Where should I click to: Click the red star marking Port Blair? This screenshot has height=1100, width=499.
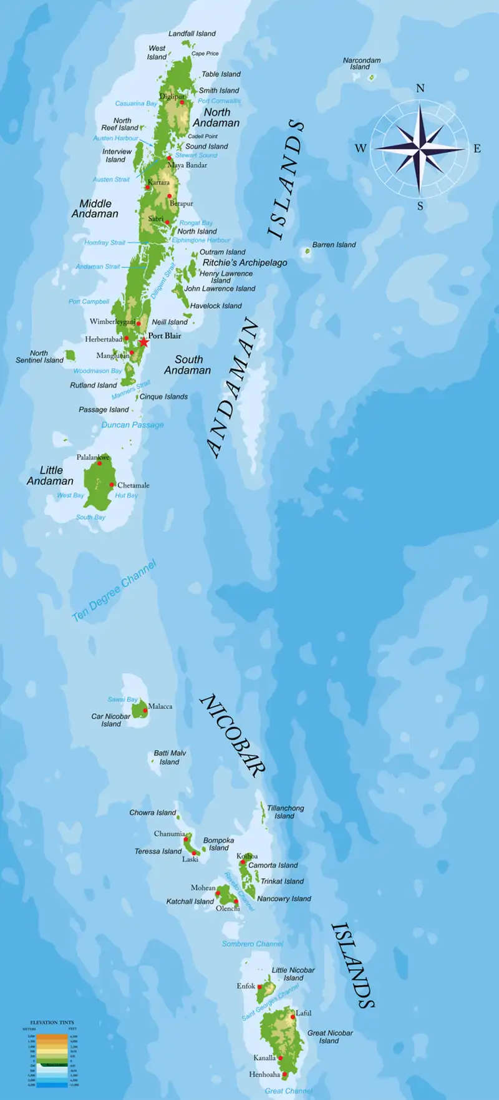tap(144, 342)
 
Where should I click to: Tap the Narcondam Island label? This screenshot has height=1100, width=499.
tap(361, 64)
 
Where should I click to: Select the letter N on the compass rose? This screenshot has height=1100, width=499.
tap(420, 89)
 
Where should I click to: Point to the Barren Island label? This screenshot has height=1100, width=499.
tap(334, 245)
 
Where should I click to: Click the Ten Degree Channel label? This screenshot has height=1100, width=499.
tap(114, 591)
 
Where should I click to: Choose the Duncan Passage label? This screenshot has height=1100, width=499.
tap(132, 425)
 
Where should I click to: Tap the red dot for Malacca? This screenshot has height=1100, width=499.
tap(145, 711)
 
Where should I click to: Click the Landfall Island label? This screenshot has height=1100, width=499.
tap(192, 34)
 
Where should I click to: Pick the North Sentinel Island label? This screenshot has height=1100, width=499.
tap(39, 357)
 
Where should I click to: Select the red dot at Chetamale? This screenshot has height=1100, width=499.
tap(112, 484)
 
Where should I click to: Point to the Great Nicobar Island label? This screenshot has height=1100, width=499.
tap(329, 1036)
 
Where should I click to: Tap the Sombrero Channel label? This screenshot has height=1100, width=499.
tap(253, 944)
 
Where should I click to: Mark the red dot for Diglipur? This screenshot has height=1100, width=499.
tap(182, 102)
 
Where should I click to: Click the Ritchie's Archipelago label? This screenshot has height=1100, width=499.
tap(245, 263)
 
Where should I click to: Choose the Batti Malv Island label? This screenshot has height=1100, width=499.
tap(170, 757)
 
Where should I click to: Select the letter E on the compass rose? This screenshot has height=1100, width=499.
tap(477, 148)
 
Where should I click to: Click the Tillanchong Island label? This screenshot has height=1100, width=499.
tap(285, 812)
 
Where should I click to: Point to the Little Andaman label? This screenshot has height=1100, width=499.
tap(50, 475)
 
